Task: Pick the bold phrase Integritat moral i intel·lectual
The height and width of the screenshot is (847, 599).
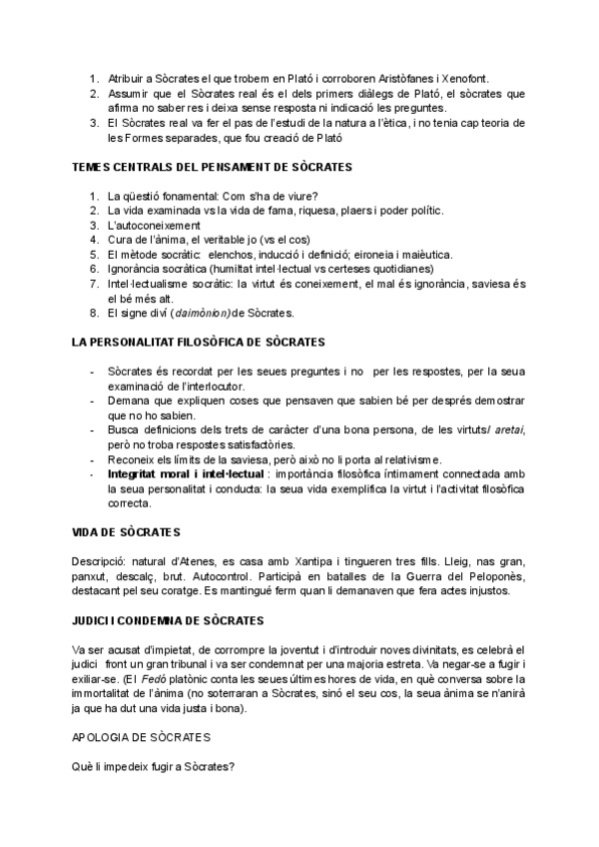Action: [186, 472]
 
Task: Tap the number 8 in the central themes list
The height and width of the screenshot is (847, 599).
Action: [93, 313]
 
